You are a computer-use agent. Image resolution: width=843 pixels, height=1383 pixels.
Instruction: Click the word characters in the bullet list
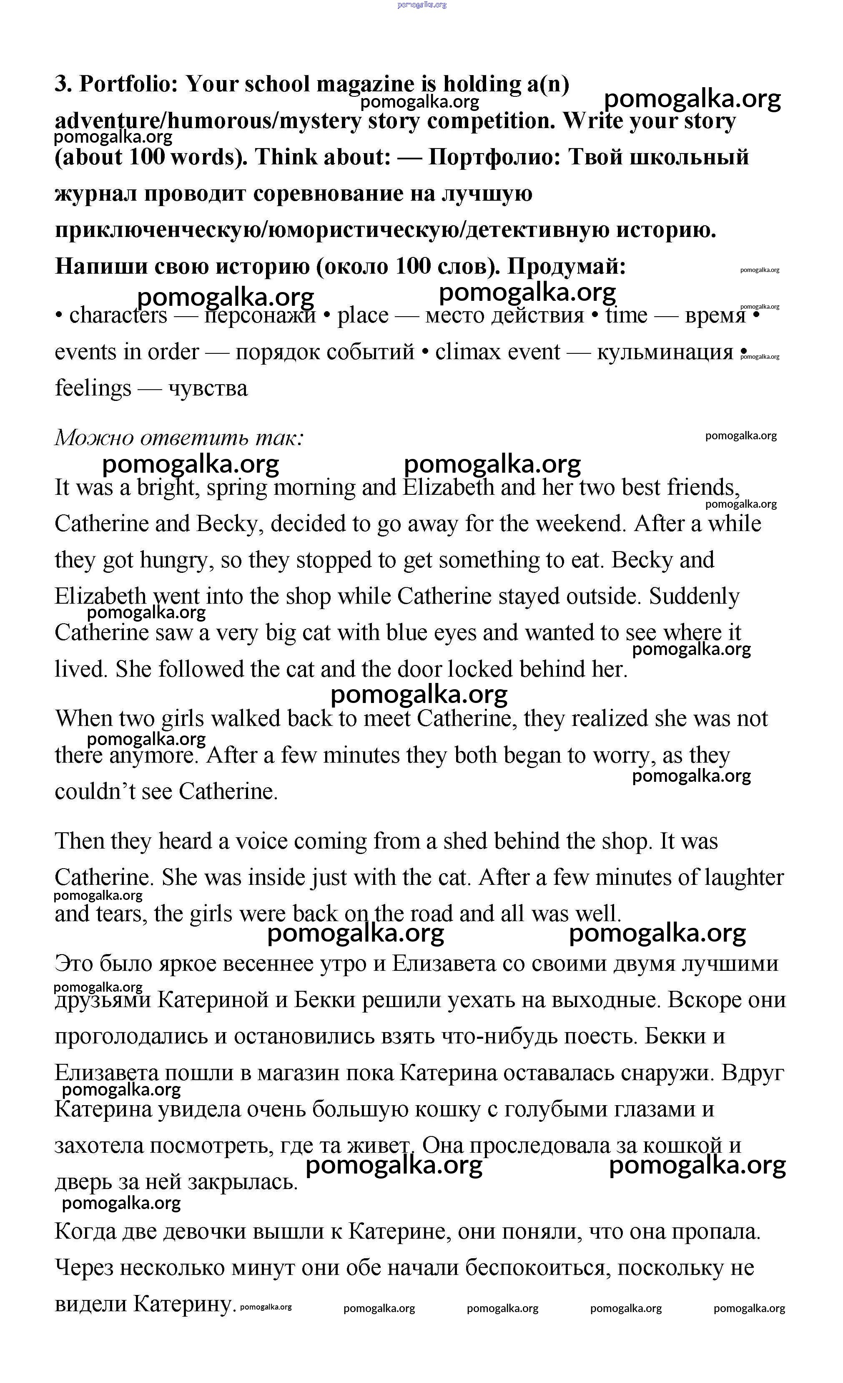(118, 315)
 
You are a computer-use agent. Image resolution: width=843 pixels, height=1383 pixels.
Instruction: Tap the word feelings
(93, 388)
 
